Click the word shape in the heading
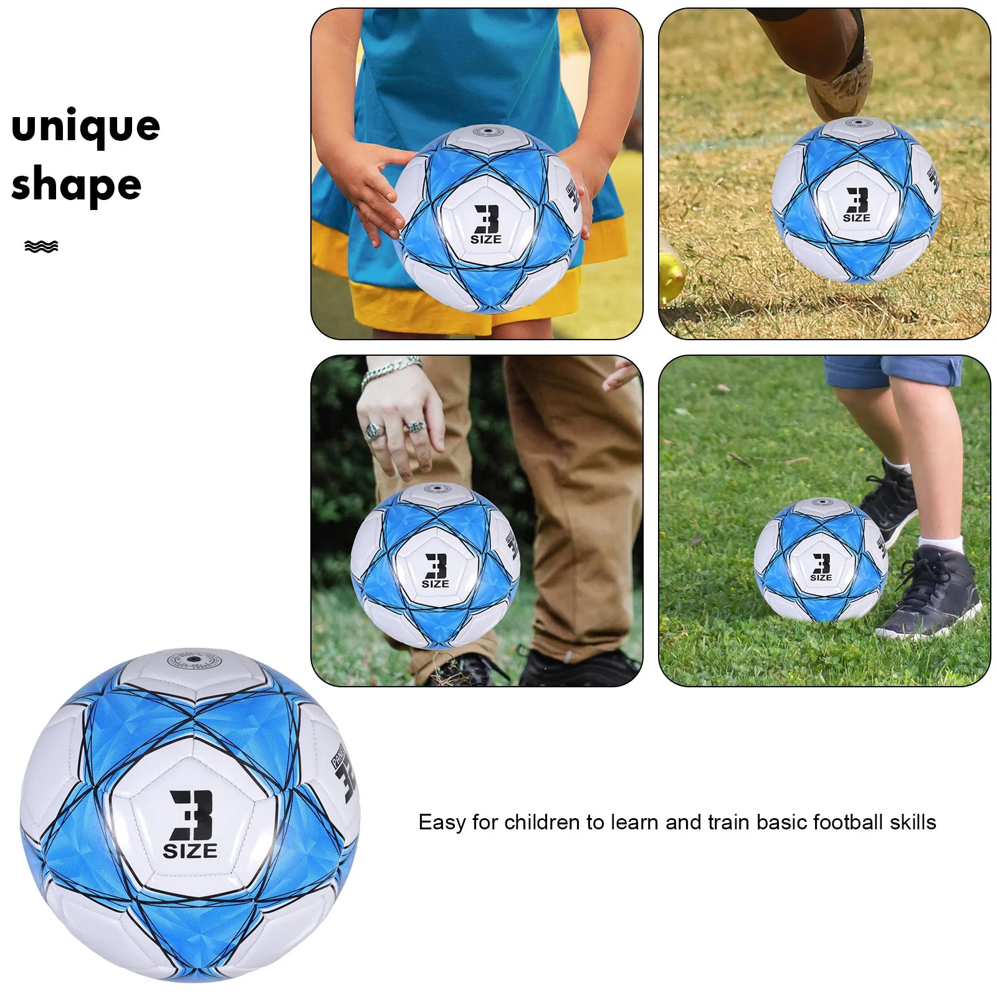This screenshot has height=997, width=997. (x=76, y=186)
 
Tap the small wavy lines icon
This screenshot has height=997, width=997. (x=41, y=247)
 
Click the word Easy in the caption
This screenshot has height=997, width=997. (x=442, y=823)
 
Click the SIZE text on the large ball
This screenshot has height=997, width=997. (x=190, y=851)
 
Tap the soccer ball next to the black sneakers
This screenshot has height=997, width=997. (x=821, y=560)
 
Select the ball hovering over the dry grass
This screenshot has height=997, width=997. (x=857, y=199)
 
